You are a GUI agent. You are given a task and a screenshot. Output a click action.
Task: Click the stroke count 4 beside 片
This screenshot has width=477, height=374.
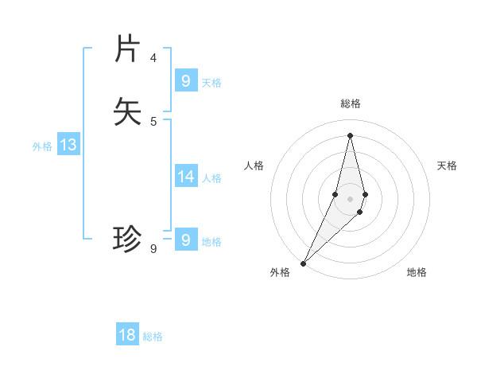(153, 58)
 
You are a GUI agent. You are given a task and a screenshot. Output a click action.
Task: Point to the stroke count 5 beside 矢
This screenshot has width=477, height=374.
(153, 121)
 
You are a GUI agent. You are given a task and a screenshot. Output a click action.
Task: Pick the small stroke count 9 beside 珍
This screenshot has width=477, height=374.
(153, 249)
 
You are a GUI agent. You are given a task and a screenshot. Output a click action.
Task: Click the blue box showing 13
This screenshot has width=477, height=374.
(68, 145)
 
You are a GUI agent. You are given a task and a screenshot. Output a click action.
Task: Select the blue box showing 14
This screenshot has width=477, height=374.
(186, 177)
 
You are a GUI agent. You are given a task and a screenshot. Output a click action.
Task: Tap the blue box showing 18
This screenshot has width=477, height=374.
(127, 335)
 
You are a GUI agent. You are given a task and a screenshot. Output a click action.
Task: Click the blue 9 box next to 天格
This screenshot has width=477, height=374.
(186, 81)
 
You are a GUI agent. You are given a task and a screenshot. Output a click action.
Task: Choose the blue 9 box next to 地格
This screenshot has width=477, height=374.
(186, 240)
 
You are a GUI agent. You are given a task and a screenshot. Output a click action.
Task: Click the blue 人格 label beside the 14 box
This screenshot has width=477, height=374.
(212, 177)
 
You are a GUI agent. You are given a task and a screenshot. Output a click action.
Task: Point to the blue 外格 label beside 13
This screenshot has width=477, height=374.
(42, 146)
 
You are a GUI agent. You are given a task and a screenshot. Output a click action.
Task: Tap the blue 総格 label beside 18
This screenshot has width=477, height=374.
(153, 337)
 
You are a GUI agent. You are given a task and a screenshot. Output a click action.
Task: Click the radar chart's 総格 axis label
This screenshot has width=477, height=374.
(350, 103)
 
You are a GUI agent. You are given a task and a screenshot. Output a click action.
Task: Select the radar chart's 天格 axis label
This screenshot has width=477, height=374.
(448, 166)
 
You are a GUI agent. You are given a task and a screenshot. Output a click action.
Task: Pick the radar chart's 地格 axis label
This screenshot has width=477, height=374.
(417, 272)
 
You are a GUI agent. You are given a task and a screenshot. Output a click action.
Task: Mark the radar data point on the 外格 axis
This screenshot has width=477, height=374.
(304, 263)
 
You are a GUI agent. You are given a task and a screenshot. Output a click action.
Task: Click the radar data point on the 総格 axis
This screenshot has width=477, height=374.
(350, 134)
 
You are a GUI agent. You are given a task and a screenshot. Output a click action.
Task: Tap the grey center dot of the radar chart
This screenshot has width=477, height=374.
(350, 199)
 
